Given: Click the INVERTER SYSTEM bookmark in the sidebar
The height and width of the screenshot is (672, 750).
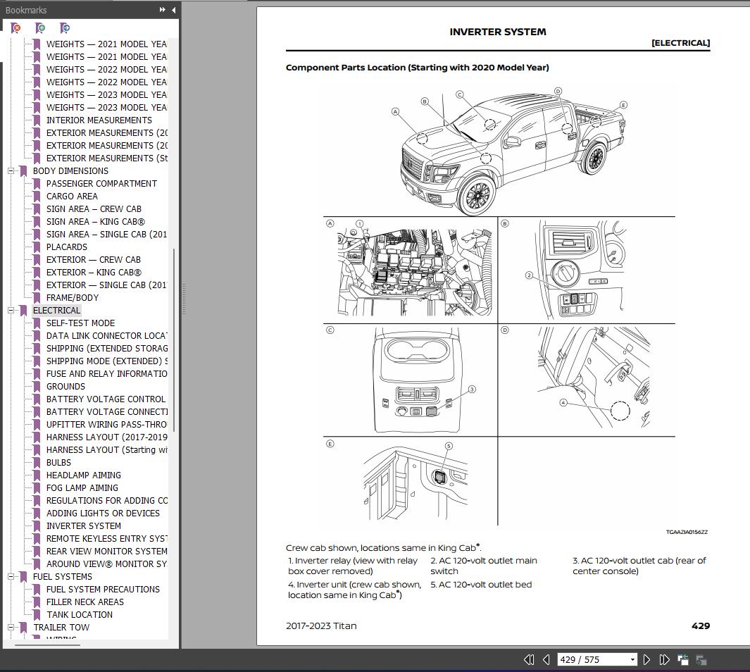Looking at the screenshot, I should click(83, 525).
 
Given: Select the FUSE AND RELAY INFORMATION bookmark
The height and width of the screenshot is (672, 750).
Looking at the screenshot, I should click(106, 373).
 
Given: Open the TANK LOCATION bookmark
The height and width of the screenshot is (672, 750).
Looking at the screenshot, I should click(79, 614).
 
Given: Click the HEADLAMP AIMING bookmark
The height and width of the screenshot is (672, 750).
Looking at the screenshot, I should click(83, 475).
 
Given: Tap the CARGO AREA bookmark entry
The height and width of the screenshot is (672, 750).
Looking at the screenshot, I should click(72, 196).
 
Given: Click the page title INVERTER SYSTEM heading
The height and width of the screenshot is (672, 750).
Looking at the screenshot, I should click(497, 32).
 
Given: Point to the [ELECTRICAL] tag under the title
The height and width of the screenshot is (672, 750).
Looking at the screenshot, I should click(680, 43).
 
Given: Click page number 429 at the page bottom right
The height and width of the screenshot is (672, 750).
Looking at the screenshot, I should click(700, 626).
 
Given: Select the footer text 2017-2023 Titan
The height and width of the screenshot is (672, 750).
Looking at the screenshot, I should click(321, 626).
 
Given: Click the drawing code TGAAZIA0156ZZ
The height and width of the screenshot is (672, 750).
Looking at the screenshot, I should click(687, 533).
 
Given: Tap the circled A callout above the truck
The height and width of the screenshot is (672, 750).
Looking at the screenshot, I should click(396, 111).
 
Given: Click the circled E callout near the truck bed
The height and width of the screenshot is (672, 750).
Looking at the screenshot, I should click(623, 105).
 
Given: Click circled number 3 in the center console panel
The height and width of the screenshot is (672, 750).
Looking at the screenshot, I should click(472, 389).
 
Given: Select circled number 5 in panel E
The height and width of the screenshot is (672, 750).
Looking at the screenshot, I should click(449, 446).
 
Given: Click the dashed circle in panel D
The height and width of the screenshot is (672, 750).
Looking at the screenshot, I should click(620, 411).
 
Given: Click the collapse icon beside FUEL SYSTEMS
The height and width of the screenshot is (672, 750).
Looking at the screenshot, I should click(11, 576).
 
